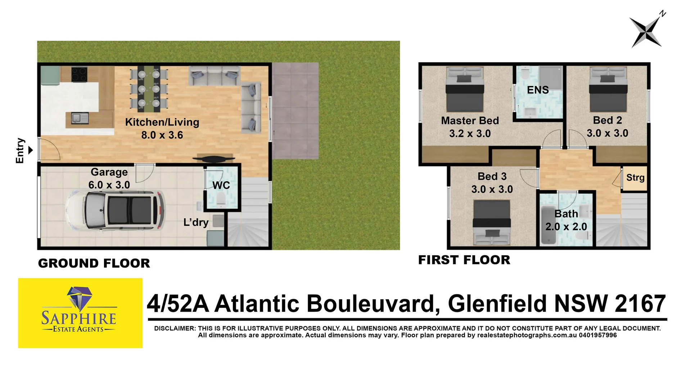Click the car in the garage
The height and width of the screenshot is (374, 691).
coord(115,211)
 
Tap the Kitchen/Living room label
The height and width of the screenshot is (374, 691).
coord(162,122)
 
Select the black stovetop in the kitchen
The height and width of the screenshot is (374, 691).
coord(79,75)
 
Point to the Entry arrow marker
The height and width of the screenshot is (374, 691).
coord(31,150)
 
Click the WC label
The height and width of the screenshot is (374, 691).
coord(221,186)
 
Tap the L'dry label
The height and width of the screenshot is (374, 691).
coord(196,222)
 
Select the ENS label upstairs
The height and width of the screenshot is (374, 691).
coord(538,90)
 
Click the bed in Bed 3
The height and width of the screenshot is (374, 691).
coord(492,223)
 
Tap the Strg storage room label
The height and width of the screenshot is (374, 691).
coord(635,178)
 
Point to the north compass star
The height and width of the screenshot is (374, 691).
coord(646,32)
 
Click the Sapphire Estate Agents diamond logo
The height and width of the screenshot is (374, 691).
coord(80,298)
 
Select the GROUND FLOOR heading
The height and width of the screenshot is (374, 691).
coord(94,263)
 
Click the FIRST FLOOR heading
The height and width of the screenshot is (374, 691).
coord(464,260)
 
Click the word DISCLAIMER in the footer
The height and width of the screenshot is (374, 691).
coord(175,328)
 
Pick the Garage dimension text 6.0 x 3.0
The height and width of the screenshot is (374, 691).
coord(109,185)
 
